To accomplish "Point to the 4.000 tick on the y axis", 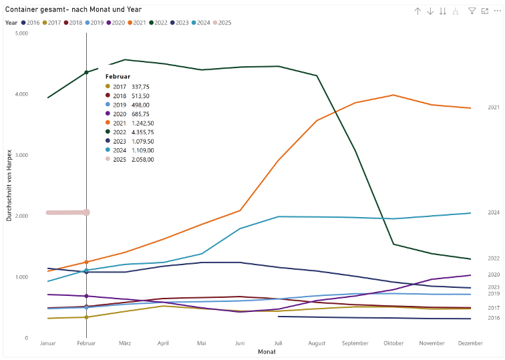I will click(x=21, y=94).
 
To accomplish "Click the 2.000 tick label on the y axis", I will click(x=21, y=216).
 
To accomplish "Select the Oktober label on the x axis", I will click(x=393, y=343).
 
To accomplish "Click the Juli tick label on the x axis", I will click(x=278, y=343).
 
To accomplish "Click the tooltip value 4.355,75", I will click(x=142, y=132).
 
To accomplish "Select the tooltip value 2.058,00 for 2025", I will click(x=142, y=160).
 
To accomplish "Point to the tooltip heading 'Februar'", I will click(x=118, y=77).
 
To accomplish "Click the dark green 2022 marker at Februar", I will click(x=86, y=72).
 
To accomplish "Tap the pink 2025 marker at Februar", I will click(x=86, y=212).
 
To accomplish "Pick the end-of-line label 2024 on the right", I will click(x=494, y=213).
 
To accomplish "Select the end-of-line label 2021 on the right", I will click(x=494, y=108).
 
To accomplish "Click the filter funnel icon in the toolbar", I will click(x=472, y=11).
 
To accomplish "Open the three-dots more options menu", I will click(x=498, y=11).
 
